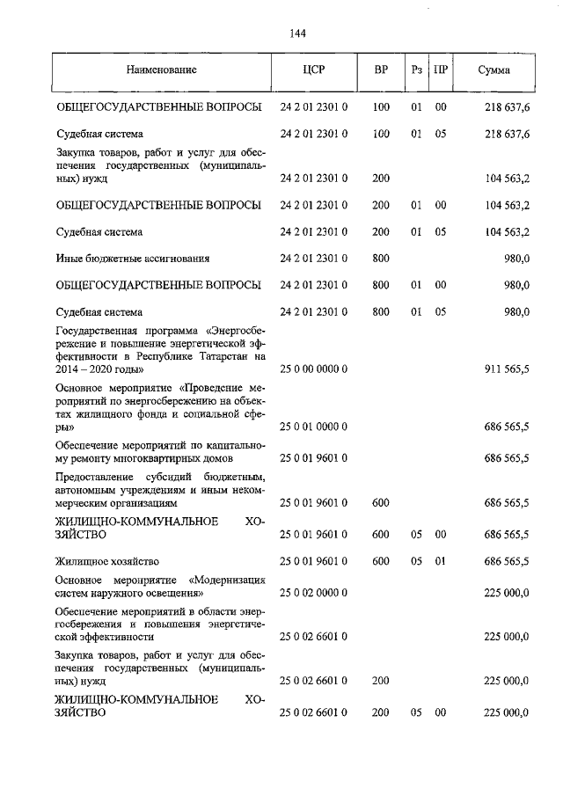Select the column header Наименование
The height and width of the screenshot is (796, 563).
tap(161, 69)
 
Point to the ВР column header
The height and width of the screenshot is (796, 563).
tap(381, 69)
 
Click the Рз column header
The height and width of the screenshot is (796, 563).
tap(417, 69)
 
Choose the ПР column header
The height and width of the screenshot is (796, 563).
tap(441, 69)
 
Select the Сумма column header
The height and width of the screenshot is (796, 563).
tap(494, 69)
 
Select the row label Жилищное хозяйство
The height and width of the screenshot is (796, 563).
tap(107, 560)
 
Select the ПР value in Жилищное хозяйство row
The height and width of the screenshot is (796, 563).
tap(441, 560)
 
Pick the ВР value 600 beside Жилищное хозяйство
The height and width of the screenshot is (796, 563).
tap(381, 560)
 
